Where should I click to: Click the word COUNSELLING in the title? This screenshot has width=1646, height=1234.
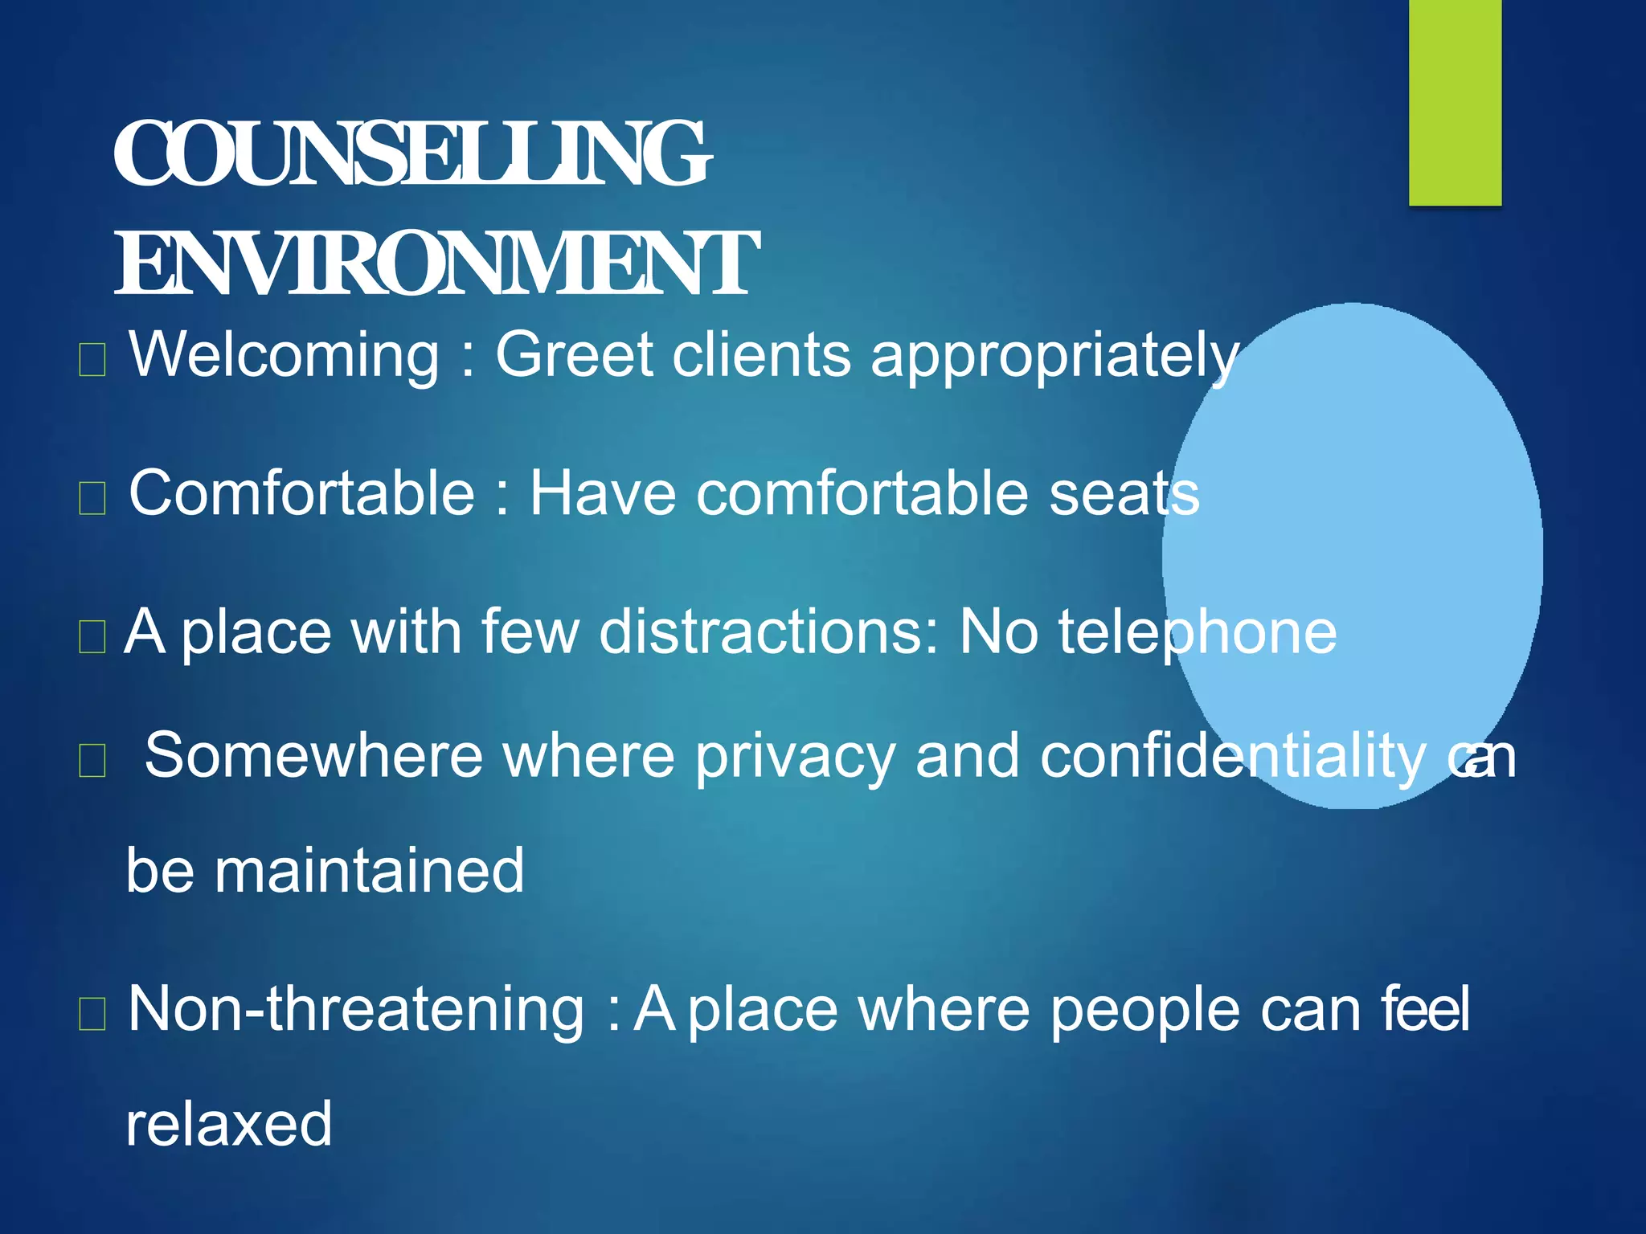pyautogui.click(x=411, y=154)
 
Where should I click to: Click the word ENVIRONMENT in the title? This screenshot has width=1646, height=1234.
pyautogui.click(x=436, y=264)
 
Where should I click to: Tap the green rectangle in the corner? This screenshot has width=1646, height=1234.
pyautogui.click(x=1455, y=102)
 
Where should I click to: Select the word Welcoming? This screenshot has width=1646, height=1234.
pyautogui.click(x=285, y=354)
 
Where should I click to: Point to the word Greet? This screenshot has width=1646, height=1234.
pyautogui.click(x=574, y=354)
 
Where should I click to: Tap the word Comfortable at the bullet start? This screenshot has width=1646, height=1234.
pyautogui.click(x=301, y=493)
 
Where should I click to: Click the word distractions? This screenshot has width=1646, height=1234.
pyautogui.click(x=769, y=631)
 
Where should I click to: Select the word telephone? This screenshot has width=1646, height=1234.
pyautogui.click(x=1197, y=633)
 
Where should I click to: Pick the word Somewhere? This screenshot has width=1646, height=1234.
pyautogui.click(x=313, y=756)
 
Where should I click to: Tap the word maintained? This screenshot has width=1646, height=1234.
pyautogui.click(x=369, y=871)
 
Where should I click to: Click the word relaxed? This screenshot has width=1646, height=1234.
pyautogui.click(x=229, y=1124)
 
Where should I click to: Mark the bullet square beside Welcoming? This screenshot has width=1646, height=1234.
pyautogui.click(x=92, y=360)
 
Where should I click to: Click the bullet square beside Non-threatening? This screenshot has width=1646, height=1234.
pyautogui.click(x=92, y=1014)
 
